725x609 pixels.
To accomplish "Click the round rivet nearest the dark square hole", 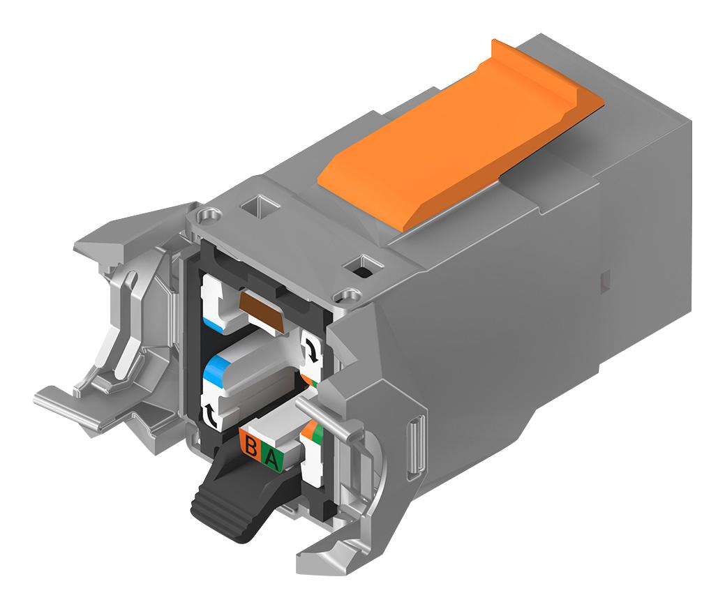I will coord(341,296).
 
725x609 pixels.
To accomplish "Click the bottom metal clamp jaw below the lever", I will coord(328,551).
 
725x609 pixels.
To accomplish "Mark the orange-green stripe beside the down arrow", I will coord(310,377).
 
